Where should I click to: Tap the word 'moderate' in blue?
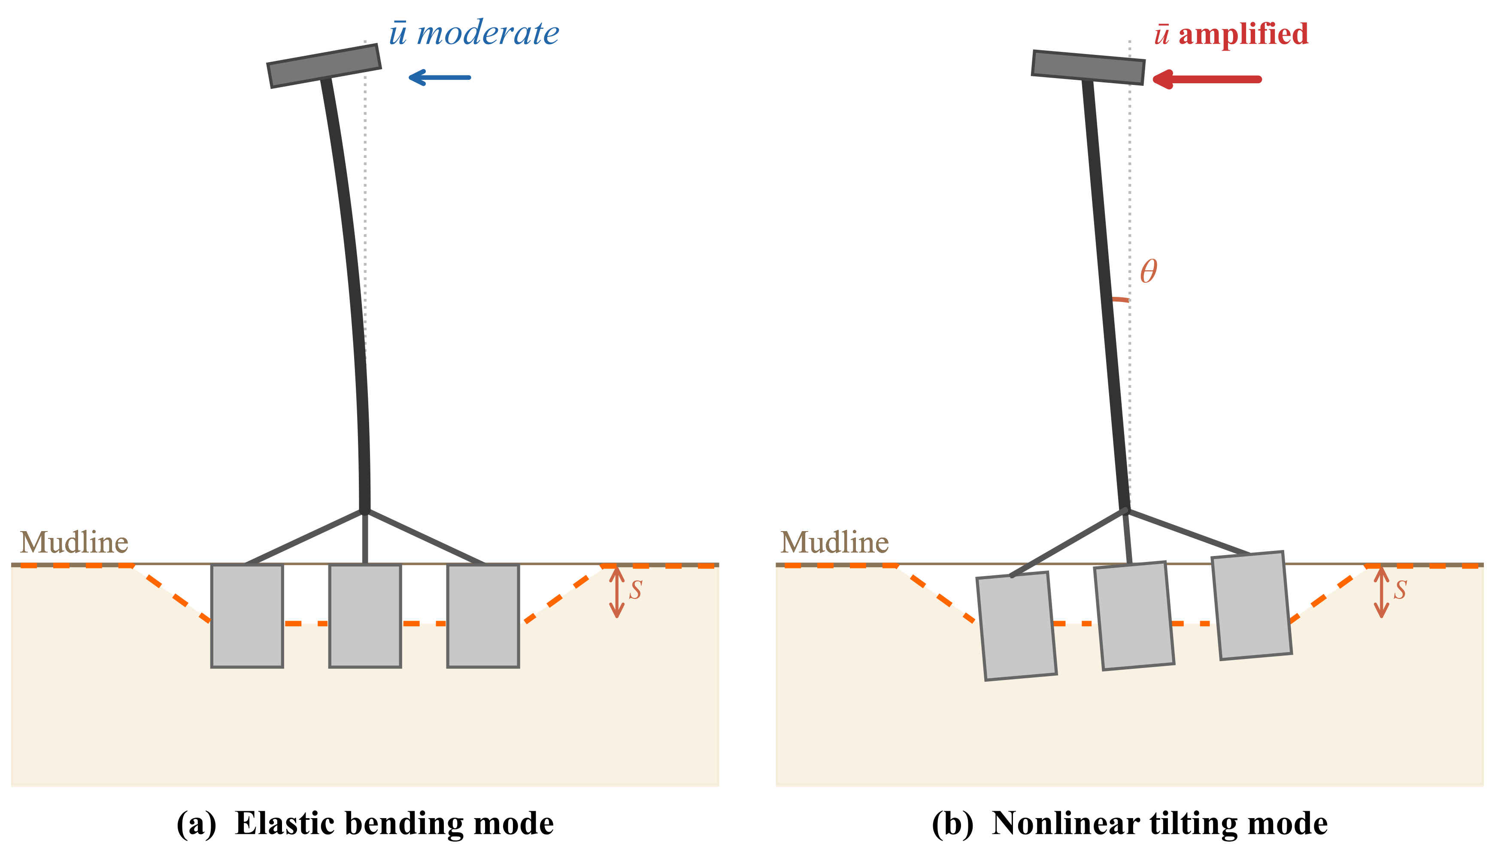(488, 33)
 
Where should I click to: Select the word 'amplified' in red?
(1243, 34)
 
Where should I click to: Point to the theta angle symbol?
(1149, 272)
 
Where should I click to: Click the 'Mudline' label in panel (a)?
(74, 542)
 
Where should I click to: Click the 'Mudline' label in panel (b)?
(835, 542)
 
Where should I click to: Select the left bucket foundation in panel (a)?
(247, 616)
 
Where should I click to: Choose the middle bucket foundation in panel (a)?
(365, 616)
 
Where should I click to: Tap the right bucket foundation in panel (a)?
(483, 616)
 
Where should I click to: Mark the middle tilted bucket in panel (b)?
(1134, 616)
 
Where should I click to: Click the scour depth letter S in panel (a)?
(636, 590)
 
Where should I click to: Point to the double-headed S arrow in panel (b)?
(1381, 592)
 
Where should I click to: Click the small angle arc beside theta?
(1120, 299)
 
